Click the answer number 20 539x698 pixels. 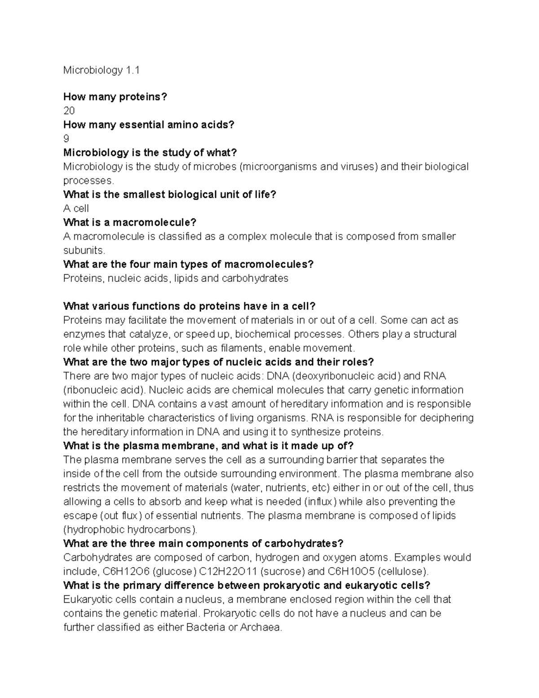click(x=69, y=111)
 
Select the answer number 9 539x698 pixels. click(x=66, y=138)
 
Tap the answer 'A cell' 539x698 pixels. click(x=76, y=209)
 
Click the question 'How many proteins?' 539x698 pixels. click(x=115, y=97)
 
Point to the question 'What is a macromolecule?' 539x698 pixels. click(x=130, y=222)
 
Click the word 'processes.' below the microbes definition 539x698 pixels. click(x=89, y=181)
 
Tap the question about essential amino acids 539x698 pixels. click(x=149, y=124)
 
